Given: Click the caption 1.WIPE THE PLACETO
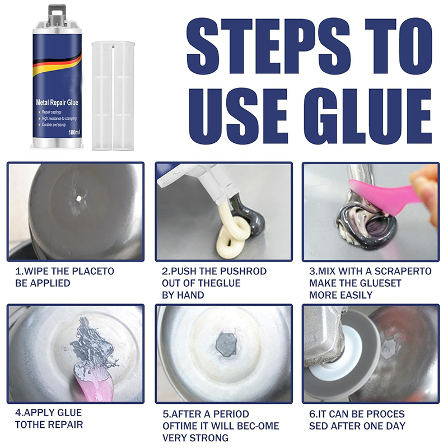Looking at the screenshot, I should pos(64,271).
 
